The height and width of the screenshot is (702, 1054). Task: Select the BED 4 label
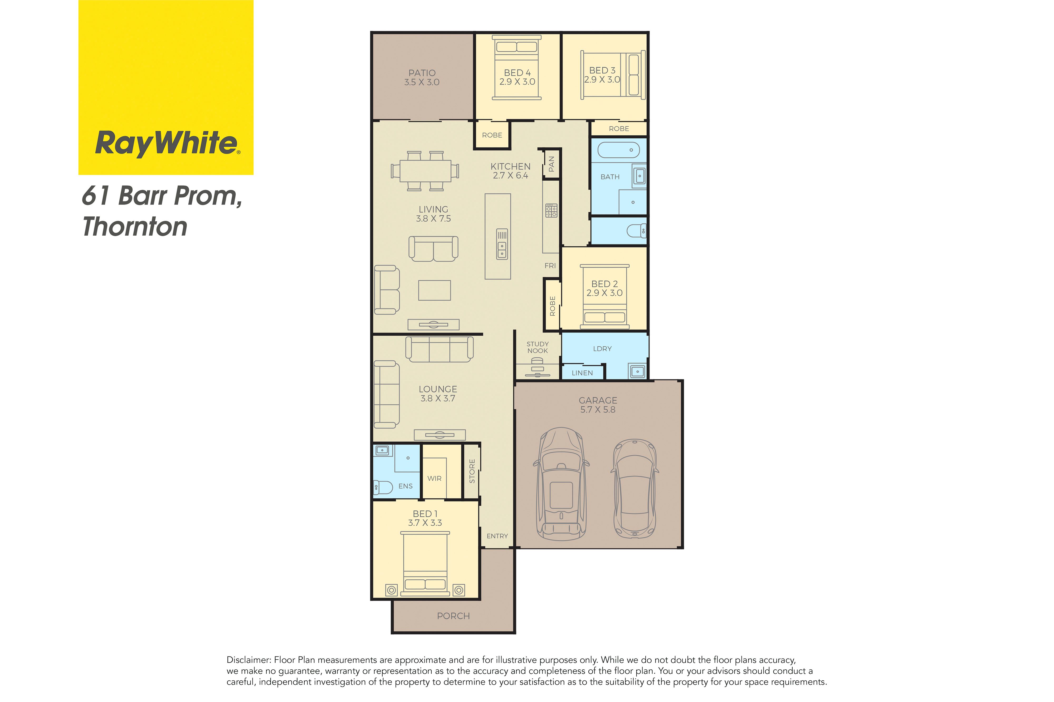pyautogui.click(x=517, y=73)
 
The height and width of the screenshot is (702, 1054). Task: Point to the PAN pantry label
pyautogui.click(x=552, y=164)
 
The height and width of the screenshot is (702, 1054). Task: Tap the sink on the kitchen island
pyautogui.click(x=502, y=244)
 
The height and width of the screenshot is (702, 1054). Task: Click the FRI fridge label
pyautogui.click(x=550, y=266)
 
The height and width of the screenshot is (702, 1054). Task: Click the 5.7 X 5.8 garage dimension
pyautogui.click(x=598, y=410)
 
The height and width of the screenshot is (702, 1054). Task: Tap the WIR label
pyautogui.click(x=434, y=479)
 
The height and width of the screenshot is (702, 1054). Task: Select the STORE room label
pyautogui.click(x=472, y=471)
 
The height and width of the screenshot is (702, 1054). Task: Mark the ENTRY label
pyautogui.click(x=497, y=536)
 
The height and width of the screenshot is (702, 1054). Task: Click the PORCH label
pyautogui.click(x=453, y=616)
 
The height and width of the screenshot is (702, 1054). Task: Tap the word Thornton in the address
pyautogui.click(x=135, y=227)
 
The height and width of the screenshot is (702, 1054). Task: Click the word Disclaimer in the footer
pyautogui.click(x=249, y=660)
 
